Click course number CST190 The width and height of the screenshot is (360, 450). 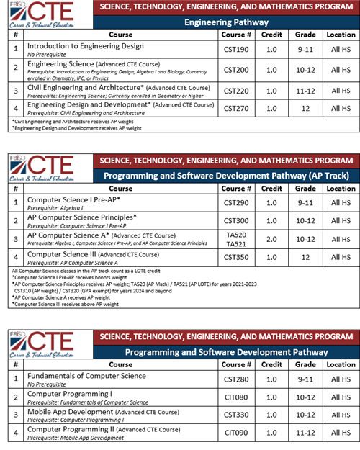(x=236, y=48)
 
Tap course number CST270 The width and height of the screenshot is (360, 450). (x=236, y=109)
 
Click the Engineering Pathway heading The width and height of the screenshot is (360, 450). (x=227, y=22)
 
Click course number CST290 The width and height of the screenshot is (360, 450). (x=236, y=202)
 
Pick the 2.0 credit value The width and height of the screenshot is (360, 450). (x=271, y=239)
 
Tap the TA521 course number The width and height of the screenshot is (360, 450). (x=236, y=244)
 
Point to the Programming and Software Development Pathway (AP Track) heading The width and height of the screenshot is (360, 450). (x=227, y=175)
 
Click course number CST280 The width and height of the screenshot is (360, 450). (x=236, y=379)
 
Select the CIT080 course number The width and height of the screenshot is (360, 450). (x=236, y=397)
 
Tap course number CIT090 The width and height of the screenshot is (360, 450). (x=236, y=432)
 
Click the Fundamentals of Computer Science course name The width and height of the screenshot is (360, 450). (x=86, y=375)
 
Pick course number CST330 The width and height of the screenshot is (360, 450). (x=236, y=415)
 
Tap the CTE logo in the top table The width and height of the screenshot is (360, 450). (x=50, y=17)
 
